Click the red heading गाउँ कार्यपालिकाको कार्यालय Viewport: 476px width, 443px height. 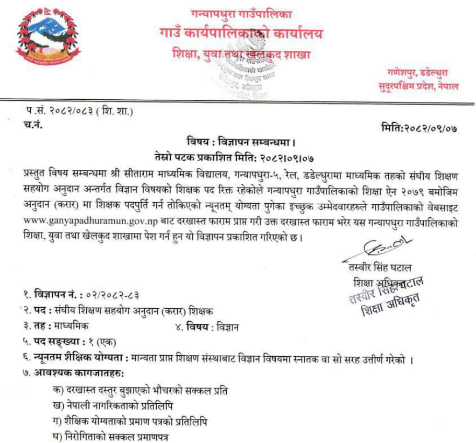coord(241,34)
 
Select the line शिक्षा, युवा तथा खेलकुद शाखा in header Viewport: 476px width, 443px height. coord(241,54)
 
